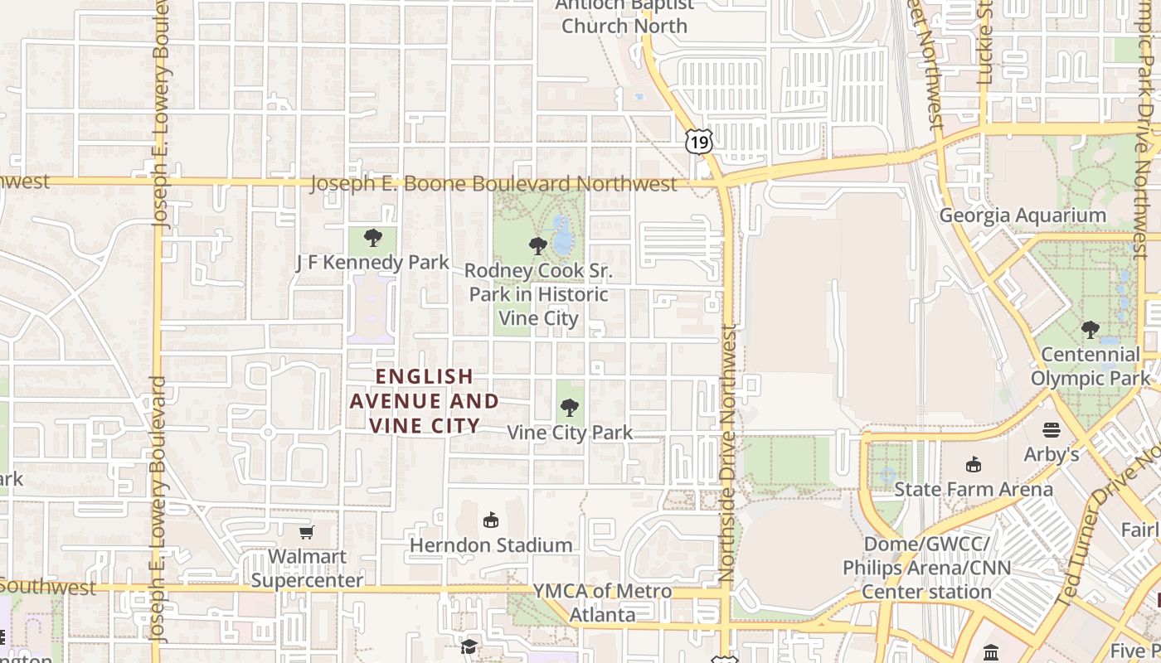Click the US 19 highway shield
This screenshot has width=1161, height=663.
(698, 143)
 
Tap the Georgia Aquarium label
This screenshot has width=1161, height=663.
(1022, 215)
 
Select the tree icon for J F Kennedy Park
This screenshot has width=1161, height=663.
(373, 238)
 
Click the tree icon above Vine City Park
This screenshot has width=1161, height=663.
(569, 407)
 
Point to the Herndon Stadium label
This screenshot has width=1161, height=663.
(491, 545)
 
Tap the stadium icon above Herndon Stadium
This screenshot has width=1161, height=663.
(491, 520)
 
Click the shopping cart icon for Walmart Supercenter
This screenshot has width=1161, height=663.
(307, 531)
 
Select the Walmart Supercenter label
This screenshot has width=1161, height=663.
(307, 568)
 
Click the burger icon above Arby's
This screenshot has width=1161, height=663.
(1052, 429)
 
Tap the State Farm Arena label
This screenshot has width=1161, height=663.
(973, 489)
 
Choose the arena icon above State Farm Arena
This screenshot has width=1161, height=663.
(973, 464)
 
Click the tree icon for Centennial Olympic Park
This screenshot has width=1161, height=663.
(1090, 330)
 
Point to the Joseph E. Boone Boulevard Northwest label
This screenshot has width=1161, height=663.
(493, 184)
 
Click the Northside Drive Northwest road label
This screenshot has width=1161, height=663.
(727, 452)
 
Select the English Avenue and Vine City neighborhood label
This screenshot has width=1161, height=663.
(424, 401)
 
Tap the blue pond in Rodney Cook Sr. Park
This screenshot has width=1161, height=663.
(563, 235)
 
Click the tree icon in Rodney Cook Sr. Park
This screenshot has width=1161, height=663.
(538, 245)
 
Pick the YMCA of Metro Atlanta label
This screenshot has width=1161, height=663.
(602, 603)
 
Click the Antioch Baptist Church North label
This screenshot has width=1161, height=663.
(624, 17)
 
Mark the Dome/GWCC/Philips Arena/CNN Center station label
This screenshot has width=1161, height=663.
(926, 568)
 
